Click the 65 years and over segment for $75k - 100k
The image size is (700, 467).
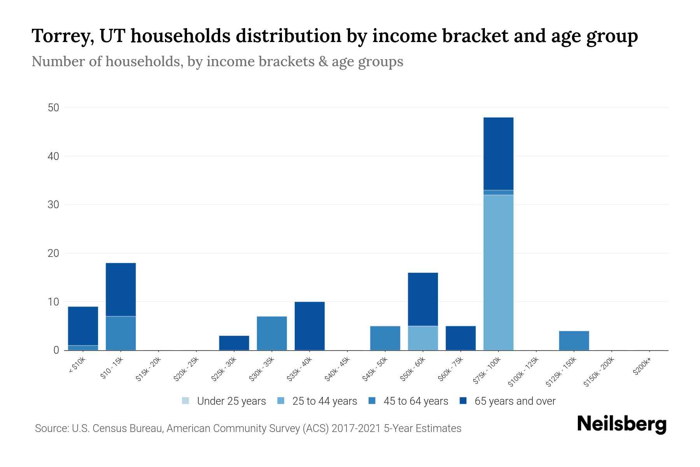coord(498,153)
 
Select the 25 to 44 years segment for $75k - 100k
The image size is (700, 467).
coord(498,272)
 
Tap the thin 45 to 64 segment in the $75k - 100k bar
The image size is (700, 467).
coord(498,192)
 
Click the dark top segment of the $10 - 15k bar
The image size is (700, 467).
coord(121,290)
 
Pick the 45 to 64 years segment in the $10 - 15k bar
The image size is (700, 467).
coord(121,333)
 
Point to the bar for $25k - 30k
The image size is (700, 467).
coord(234,343)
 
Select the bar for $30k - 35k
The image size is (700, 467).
coord(272,333)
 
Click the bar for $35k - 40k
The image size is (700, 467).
coord(310,326)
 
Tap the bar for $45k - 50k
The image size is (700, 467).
coord(385,338)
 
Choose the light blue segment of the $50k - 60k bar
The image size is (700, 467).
coord(423,338)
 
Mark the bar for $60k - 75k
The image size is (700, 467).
coord(460,338)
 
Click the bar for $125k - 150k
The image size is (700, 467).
coord(574,341)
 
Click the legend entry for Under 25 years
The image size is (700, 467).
coord(224,401)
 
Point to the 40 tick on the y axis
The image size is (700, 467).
coord(53,156)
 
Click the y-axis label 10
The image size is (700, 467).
coord(53,302)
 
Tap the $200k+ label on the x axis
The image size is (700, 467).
coord(642,367)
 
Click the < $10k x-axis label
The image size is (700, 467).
coord(77,366)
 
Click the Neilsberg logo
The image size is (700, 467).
coord(621,424)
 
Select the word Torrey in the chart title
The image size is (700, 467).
coord(62,36)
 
